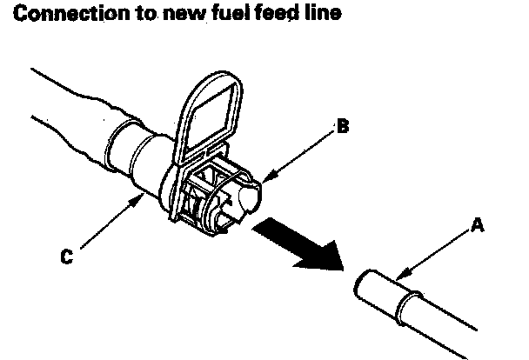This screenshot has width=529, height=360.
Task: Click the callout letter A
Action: (477, 225)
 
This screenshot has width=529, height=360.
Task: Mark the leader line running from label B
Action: (305, 155)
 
